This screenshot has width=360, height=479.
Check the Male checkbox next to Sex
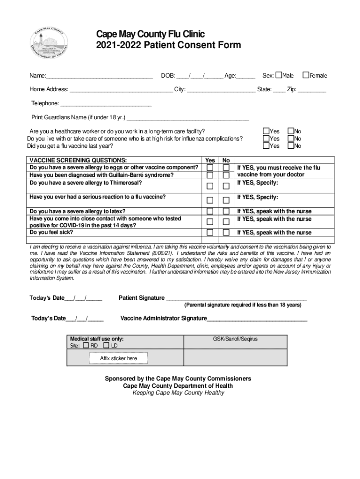pyautogui.click(x=279, y=75)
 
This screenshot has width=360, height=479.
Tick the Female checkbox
pyautogui.click(x=306, y=75)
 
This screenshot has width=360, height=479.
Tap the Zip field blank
pyautogui.click(x=312, y=90)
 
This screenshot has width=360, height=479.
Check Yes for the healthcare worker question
pyautogui.click(x=266, y=131)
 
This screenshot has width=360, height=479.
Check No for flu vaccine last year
pyautogui.click(x=290, y=146)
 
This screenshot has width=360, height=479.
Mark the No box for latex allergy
pyautogui.click(x=226, y=211)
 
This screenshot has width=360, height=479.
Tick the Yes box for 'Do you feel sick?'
pyautogui.click(x=211, y=232)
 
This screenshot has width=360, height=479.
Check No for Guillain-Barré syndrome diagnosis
pyautogui.click(x=226, y=175)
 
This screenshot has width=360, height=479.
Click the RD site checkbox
pyautogui.click(x=86, y=345)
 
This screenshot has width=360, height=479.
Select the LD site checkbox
pyautogui.click(x=106, y=345)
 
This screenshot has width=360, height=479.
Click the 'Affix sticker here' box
pyautogui.click(x=118, y=358)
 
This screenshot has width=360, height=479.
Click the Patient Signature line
pyautogui.click(x=236, y=299)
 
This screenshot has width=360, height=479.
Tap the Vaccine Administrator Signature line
pyautogui.click(x=257, y=319)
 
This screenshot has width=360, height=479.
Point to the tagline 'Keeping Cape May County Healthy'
pyautogui.click(x=178, y=393)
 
